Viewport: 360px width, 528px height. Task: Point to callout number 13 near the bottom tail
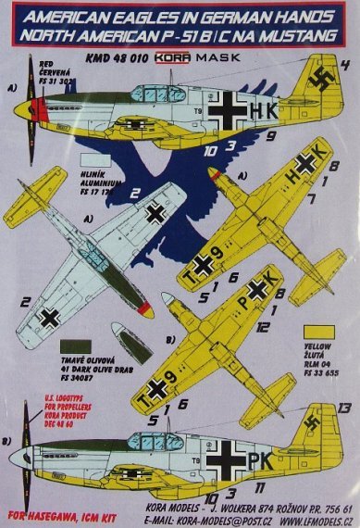coord(344,409)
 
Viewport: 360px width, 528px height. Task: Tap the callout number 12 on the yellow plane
coord(264,327)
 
